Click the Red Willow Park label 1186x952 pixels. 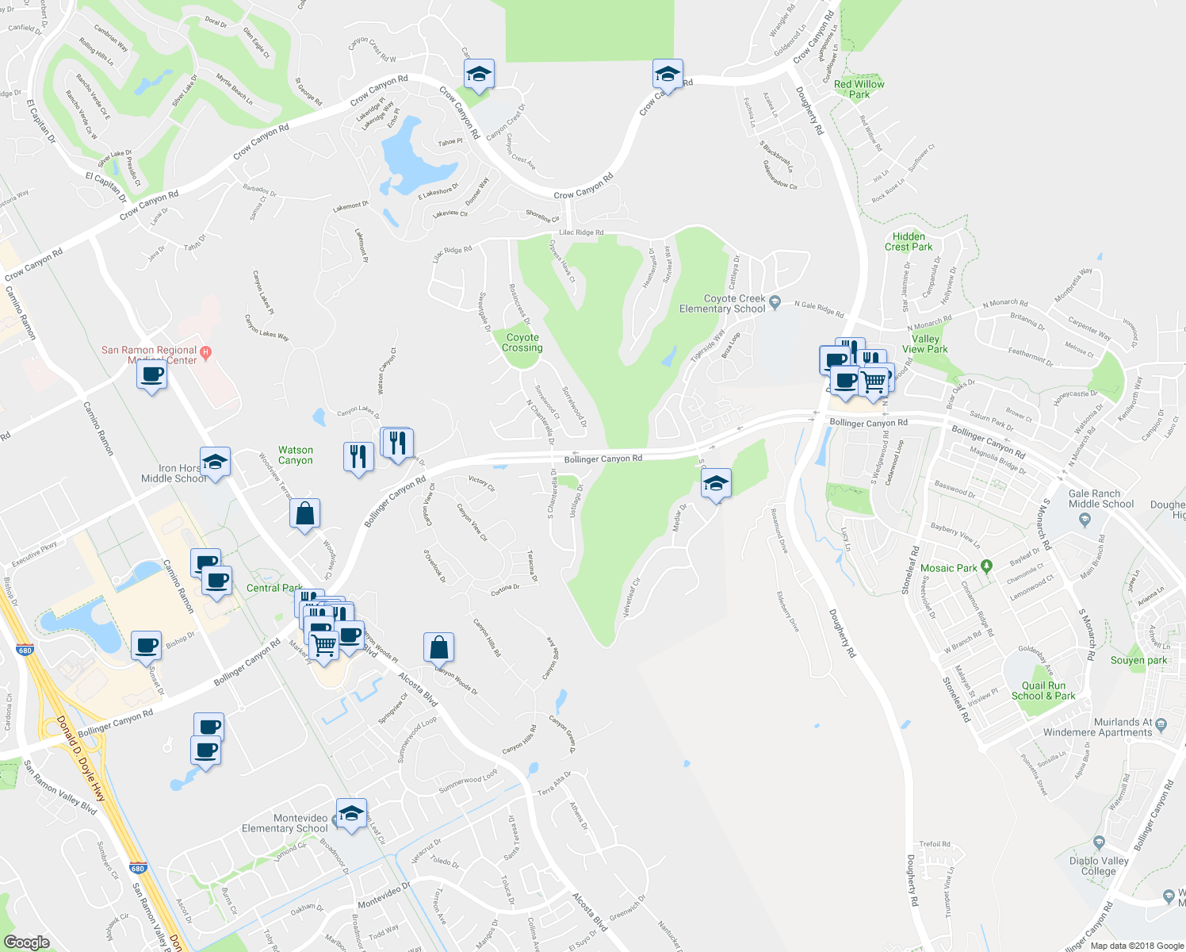click(x=859, y=89)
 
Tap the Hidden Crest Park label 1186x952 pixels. click(x=909, y=241)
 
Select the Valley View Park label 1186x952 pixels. click(x=925, y=344)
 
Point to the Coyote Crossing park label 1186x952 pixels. click(x=522, y=343)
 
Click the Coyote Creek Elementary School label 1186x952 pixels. click(x=722, y=304)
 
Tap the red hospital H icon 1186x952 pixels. click(x=206, y=352)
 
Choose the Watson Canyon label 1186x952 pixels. click(x=296, y=455)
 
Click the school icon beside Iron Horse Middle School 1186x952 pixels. click(x=215, y=462)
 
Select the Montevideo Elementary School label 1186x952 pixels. click(x=285, y=823)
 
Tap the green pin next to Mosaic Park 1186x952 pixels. click(x=986, y=566)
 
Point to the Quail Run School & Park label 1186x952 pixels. click(x=1043, y=690)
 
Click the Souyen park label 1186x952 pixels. click(x=1139, y=660)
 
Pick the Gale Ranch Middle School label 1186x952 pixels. click(x=1101, y=498)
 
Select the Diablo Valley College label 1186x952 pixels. click(x=1099, y=866)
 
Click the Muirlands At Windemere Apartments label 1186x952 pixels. click(x=1097, y=727)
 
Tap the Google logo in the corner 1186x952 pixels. click(x=27, y=942)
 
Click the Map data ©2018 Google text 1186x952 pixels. click(x=1136, y=946)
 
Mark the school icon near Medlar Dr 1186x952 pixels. click(x=716, y=484)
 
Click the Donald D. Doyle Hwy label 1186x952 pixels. click(x=81, y=758)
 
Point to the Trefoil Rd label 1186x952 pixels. click(x=935, y=844)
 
